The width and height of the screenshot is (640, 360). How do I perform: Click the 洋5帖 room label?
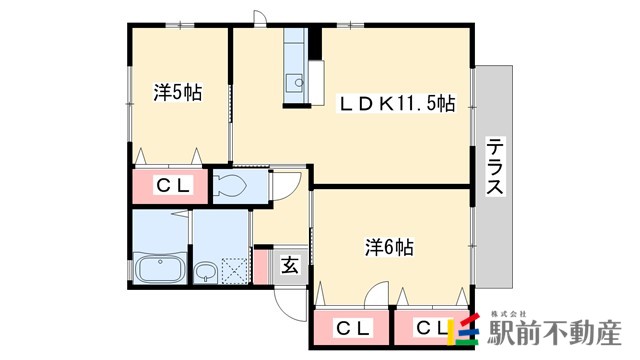click(178, 92)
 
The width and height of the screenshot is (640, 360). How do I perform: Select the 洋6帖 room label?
click(389, 247)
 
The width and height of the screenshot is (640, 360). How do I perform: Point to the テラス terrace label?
click(495, 167)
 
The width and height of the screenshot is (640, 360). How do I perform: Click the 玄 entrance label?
click(290, 266)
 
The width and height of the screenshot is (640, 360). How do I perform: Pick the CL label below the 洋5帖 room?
click(173, 186)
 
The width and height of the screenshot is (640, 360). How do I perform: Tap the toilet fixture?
click(230, 186)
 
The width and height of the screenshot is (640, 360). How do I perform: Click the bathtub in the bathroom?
click(160, 268)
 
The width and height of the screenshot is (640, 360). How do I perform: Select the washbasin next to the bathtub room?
click(204, 271)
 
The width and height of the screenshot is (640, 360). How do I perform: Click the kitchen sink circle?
click(299, 83)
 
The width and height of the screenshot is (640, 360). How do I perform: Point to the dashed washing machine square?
click(235, 271)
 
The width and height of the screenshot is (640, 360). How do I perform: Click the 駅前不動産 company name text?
click(555, 332)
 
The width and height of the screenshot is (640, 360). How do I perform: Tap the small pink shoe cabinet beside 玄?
click(260, 266)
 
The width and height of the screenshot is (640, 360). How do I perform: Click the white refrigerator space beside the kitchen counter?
click(316, 83)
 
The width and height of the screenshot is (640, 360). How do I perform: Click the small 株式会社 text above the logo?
click(509, 314)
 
